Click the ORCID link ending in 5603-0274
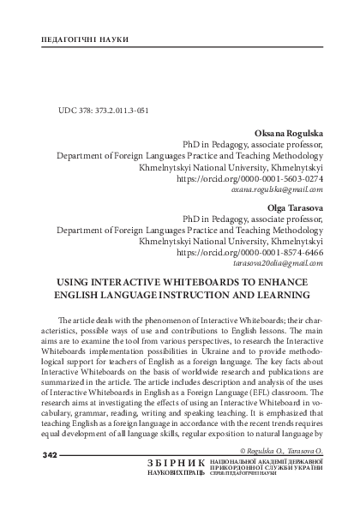(x=249, y=181)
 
